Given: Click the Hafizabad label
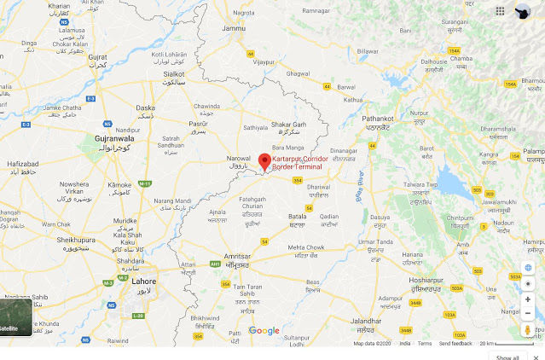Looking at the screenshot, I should (x=23, y=163).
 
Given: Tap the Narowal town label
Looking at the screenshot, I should (x=239, y=158).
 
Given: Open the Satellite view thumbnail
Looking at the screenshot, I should (x=16, y=316).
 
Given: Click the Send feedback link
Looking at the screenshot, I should (x=455, y=343).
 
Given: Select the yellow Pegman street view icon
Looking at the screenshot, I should (x=528, y=329).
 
